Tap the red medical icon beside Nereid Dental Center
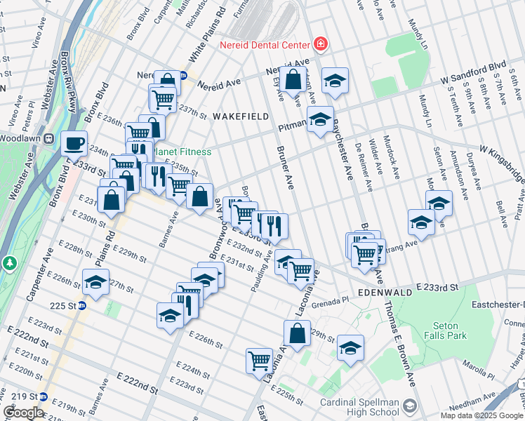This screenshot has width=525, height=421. tap(321, 44)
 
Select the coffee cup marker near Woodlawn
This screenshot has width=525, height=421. tap(74, 144)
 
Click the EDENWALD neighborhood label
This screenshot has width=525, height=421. tap(382, 291)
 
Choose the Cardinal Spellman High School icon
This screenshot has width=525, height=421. tap(411, 406)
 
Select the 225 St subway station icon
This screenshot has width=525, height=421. tap(81, 305)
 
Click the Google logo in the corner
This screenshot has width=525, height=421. tap(23, 413)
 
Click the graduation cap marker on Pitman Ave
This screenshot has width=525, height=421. tap(320, 120)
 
